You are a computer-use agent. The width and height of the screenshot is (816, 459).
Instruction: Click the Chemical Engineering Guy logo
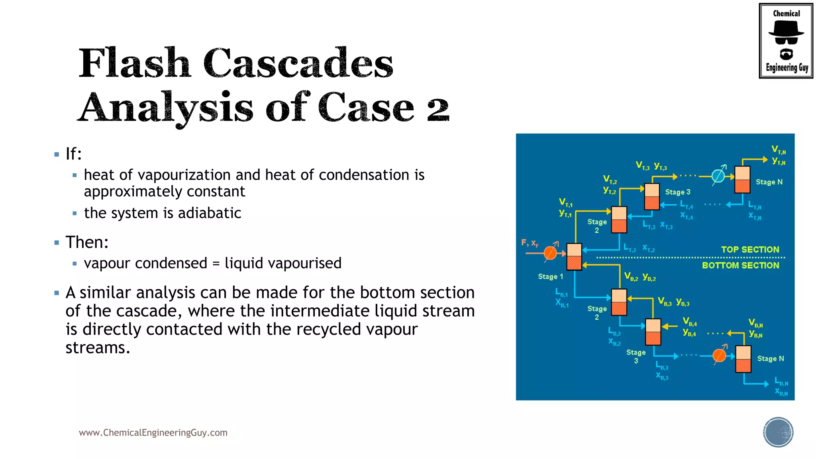click(x=786, y=41)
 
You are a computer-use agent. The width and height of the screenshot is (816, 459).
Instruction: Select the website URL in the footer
click(x=153, y=433)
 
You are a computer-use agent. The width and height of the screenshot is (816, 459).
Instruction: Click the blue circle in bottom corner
click(x=778, y=432)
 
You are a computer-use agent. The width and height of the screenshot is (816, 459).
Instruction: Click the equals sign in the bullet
click(x=216, y=263)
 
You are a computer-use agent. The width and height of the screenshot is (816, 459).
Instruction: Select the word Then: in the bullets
click(x=87, y=242)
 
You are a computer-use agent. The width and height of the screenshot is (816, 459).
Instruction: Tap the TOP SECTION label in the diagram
click(x=750, y=249)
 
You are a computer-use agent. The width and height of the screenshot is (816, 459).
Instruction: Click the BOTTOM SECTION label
click(x=740, y=265)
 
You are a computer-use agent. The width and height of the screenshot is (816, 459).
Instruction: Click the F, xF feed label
click(x=530, y=243)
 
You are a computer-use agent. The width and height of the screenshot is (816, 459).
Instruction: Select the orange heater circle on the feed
click(x=550, y=253)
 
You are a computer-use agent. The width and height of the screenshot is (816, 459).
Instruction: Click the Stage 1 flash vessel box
click(x=574, y=257)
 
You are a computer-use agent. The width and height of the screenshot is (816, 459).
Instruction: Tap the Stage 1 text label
click(x=550, y=277)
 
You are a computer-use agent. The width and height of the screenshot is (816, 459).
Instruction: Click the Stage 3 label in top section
click(x=677, y=192)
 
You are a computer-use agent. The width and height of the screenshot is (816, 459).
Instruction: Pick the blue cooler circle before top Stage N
click(x=718, y=176)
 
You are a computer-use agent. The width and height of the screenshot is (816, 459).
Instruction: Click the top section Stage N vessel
click(x=742, y=180)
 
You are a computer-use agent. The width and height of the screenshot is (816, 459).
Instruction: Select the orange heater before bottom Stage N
click(x=719, y=355)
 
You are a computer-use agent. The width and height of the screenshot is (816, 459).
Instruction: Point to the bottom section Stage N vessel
click(x=743, y=359)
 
